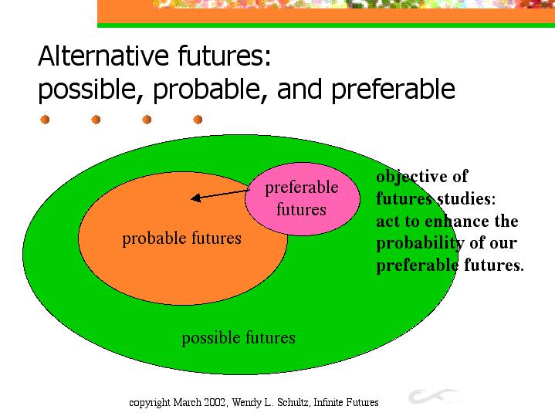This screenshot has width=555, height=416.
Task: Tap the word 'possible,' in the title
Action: (86, 90)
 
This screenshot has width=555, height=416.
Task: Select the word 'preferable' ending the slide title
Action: (393, 89)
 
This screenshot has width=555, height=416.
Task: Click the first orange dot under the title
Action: (45, 120)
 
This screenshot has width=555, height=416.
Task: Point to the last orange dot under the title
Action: (198, 120)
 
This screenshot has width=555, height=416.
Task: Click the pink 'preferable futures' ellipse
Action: (303, 199)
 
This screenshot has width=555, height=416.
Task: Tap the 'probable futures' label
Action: (181, 238)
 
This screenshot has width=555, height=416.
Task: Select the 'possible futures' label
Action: (239, 338)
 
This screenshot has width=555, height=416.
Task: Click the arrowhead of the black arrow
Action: (196, 198)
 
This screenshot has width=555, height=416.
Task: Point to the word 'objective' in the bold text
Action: (411, 177)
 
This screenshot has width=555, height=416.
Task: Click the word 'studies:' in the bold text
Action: (466, 198)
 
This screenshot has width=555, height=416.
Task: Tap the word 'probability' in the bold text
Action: (420, 244)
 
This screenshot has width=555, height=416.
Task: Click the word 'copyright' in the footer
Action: (150, 403)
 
